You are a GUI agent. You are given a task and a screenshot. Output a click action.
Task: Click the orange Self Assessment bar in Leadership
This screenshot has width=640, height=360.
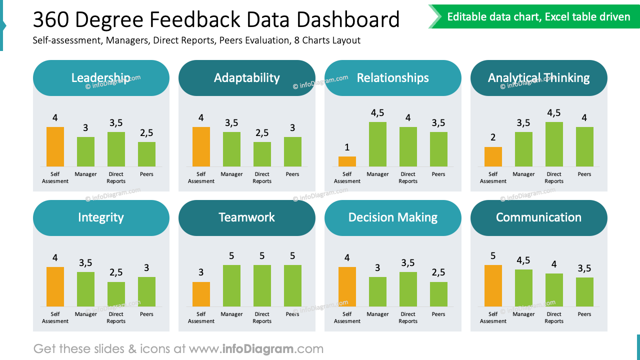[55, 146]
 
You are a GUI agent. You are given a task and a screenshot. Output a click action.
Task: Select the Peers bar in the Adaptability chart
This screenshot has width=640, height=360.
[292, 151]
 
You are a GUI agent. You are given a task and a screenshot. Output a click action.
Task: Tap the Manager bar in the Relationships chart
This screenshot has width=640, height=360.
[377, 144]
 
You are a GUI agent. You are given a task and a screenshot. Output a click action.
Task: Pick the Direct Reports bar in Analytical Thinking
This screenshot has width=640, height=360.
[554, 144]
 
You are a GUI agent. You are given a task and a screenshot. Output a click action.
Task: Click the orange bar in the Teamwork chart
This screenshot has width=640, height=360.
[201, 294]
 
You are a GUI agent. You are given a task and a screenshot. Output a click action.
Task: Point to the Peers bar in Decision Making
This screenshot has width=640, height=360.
[438, 294]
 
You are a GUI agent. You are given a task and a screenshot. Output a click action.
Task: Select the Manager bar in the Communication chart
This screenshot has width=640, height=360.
[523, 287]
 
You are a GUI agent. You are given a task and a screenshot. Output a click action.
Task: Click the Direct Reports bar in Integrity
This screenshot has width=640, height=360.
[116, 294]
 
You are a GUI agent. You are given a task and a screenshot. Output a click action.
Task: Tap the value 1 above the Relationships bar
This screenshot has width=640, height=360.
[347, 147]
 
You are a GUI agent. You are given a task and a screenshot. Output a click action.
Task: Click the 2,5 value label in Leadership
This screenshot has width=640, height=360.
[146, 133]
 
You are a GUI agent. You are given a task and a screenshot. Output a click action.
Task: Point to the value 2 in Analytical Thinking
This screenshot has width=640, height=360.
[493, 137]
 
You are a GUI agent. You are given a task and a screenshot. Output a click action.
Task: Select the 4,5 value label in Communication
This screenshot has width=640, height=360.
[523, 260]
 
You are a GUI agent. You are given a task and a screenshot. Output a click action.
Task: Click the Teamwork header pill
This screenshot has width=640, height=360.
[246, 217]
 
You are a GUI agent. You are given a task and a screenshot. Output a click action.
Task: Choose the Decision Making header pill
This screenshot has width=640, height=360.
[392, 217]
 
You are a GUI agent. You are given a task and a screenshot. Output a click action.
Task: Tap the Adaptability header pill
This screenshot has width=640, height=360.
[246, 78]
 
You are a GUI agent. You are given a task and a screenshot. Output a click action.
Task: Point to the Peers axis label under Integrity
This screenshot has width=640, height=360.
[146, 314]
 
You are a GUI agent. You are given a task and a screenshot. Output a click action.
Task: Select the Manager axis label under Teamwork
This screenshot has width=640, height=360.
[231, 314]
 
